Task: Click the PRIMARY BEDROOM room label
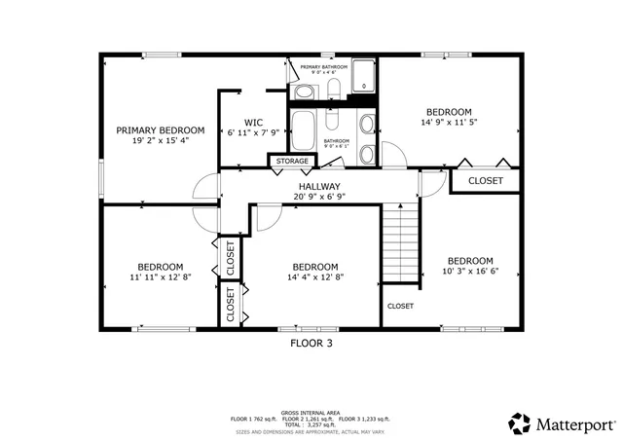161,130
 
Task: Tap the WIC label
253,124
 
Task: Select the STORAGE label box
292,161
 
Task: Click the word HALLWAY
319,186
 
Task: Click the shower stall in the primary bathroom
363,76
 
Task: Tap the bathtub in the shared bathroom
304,129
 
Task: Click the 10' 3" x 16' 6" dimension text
469,272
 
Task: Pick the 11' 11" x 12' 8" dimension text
160,277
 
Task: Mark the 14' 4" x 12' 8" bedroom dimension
315,277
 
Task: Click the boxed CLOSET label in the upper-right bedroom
486,181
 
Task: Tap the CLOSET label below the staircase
400,306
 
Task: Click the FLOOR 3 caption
311,343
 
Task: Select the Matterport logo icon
520,423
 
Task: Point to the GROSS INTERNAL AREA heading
311,413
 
